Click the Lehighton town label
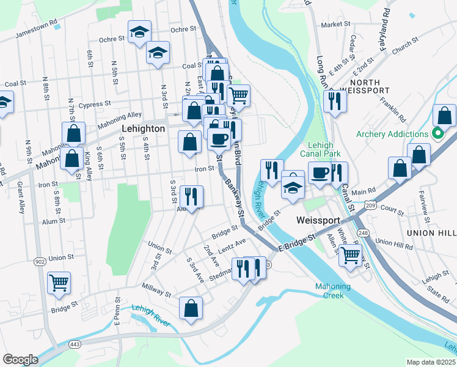[x=143, y=129]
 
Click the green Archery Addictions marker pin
[x=437, y=133]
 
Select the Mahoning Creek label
[x=333, y=291]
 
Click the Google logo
[x=20, y=360]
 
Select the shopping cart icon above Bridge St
[x=59, y=282]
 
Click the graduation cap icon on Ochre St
[x=139, y=31]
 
